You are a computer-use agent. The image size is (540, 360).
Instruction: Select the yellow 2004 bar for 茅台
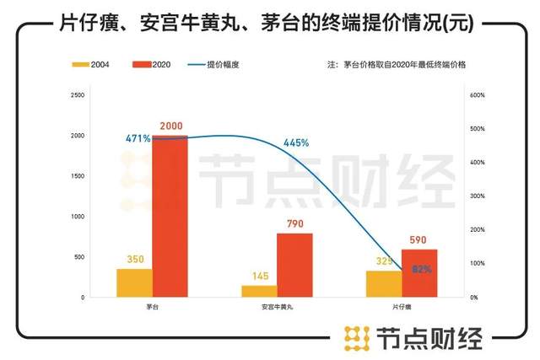135,283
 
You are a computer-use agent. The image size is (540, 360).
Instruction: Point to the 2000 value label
170,126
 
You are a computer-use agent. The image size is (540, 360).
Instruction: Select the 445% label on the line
296,142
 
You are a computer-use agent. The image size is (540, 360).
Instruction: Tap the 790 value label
294,224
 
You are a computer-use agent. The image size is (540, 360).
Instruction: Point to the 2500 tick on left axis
78,95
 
